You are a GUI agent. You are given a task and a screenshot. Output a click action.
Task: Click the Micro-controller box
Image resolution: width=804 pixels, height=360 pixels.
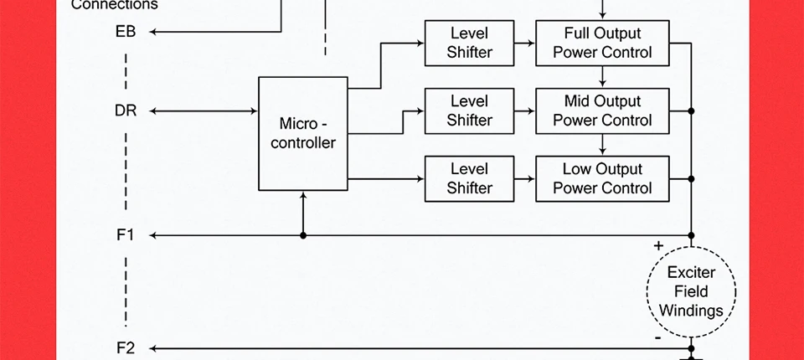coord(302,134)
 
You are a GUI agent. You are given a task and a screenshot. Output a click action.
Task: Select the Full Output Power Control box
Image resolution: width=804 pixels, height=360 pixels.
coord(602,43)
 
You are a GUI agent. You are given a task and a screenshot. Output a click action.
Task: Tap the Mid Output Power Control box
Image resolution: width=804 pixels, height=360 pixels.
coord(602,111)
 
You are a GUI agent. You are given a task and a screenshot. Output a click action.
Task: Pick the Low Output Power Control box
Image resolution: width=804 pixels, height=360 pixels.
coord(602,178)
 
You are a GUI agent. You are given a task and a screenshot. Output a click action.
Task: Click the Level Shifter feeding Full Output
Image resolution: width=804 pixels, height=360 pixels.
coord(469,43)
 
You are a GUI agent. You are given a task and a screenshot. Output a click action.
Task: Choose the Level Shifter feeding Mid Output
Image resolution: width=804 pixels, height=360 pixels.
coord(469,111)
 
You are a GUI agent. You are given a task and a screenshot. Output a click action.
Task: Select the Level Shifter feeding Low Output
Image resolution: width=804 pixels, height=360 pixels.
coord(469,178)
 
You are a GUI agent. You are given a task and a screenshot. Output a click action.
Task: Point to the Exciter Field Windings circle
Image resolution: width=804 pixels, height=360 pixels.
coord(691,292)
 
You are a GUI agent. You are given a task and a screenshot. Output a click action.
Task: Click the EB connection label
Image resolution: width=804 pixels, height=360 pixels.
coord(126,33)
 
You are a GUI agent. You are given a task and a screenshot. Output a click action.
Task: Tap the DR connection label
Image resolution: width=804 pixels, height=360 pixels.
coord(126,111)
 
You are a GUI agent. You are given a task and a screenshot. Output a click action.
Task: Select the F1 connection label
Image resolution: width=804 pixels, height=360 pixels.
coord(125,235)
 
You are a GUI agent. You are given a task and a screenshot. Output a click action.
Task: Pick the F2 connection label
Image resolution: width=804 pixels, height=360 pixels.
coord(125,348)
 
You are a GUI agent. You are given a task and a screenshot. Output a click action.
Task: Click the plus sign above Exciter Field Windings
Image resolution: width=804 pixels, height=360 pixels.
coord(658,246)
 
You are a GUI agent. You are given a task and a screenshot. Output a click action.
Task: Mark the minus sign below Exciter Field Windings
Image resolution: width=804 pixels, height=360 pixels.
coord(658,338)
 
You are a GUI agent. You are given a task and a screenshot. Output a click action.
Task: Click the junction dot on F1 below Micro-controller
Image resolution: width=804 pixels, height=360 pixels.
coord(303,236)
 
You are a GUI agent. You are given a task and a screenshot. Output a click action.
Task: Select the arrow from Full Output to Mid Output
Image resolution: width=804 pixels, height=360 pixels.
coord(602,77)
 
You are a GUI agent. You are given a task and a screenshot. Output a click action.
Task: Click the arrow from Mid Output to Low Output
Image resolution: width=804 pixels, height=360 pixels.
coord(602,145)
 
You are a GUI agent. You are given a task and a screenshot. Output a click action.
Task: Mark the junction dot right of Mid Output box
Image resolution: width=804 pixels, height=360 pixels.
coord(691,111)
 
